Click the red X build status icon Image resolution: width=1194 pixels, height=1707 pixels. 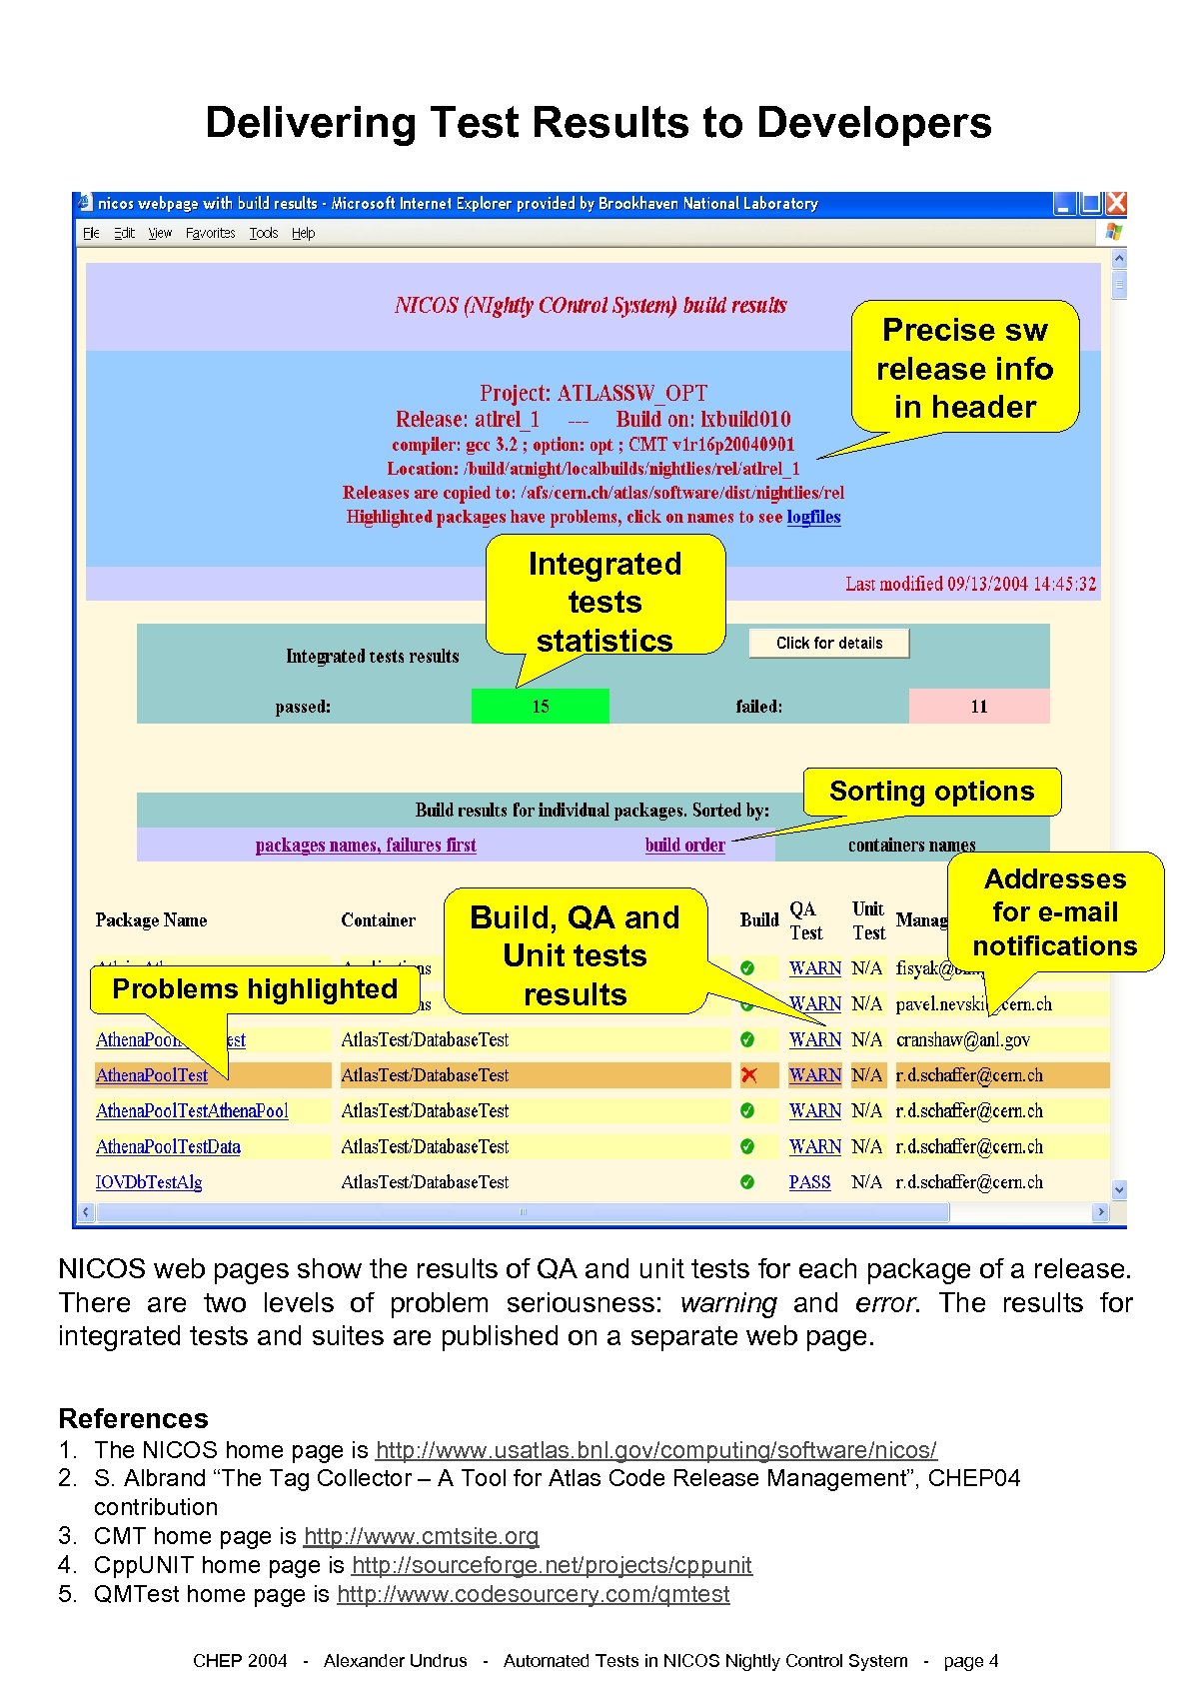pyautogui.click(x=748, y=1075)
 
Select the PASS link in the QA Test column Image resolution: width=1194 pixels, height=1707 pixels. pyautogui.click(x=809, y=1182)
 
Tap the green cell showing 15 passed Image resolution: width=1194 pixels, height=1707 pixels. pyautogui.click(x=540, y=707)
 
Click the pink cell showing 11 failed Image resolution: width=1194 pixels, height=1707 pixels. pyautogui.click(x=978, y=707)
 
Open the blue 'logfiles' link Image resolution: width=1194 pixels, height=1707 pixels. pyautogui.click(x=813, y=517)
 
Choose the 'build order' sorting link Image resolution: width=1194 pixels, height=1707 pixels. pyautogui.click(x=684, y=845)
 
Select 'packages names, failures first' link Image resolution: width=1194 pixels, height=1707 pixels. pyautogui.click(x=366, y=845)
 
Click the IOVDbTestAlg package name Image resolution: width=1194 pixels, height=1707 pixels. pyautogui.click(x=149, y=1182)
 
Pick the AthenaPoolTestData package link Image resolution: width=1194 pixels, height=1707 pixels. pyautogui.click(x=168, y=1146)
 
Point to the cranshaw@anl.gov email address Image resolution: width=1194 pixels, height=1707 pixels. pyautogui.click(x=962, y=1039)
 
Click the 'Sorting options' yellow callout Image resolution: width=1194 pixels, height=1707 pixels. pyautogui.click(x=931, y=792)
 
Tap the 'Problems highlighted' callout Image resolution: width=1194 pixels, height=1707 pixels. pyautogui.click(x=255, y=989)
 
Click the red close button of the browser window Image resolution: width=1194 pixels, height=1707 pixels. pyautogui.click(x=1116, y=203)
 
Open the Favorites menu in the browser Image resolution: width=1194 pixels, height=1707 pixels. pyautogui.click(x=210, y=233)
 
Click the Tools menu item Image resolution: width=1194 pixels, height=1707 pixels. pyautogui.click(x=264, y=233)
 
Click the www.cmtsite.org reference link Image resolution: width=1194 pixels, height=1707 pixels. pyautogui.click(x=421, y=1536)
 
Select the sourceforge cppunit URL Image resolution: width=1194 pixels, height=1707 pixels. pyautogui.click(x=552, y=1565)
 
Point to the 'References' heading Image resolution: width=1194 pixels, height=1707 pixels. pyautogui.click(x=134, y=1419)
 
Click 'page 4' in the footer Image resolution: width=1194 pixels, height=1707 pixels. pyautogui.click(x=970, y=1661)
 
